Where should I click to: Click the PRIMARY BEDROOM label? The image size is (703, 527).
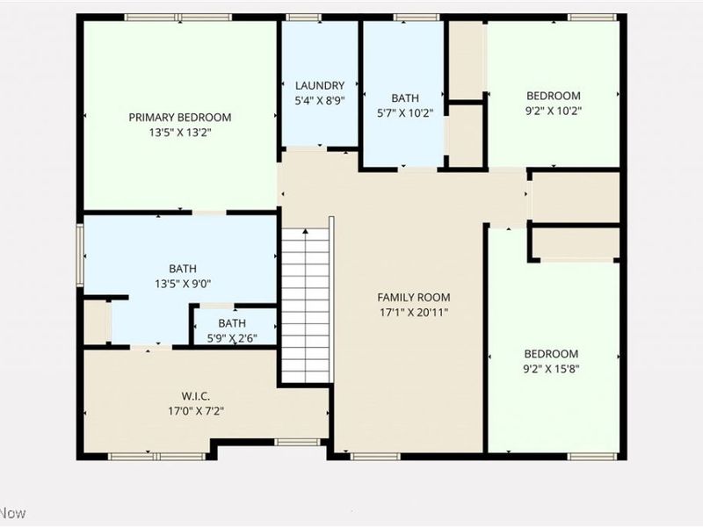click(x=180, y=118)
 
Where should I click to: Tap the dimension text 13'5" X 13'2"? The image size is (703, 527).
click(x=180, y=132)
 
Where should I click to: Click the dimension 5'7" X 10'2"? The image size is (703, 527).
click(x=405, y=112)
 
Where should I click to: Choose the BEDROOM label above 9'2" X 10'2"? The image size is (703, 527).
click(x=554, y=96)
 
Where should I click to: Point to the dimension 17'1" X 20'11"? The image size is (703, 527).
click(x=414, y=312)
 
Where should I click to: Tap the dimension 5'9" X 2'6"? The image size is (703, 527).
click(x=233, y=337)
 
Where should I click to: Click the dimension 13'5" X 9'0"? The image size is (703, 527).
click(x=183, y=283)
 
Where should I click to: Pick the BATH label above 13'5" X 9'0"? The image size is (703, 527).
click(x=183, y=269)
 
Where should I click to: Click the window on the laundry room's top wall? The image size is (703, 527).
click(x=304, y=18)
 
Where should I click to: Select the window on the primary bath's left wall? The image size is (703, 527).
click(x=80, y=255)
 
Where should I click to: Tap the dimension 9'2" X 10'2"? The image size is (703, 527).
click(x=554, y=111)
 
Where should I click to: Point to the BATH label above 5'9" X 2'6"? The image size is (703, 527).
click(x=233, y=323)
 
